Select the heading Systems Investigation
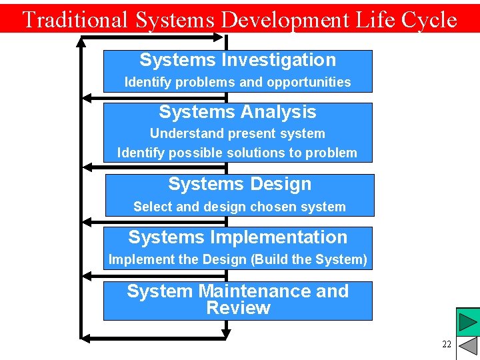[237, 60]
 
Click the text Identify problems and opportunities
[237, 83]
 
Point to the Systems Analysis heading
[237, 112]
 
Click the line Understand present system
[237, 133]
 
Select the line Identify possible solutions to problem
[237, 153]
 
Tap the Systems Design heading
[239, 184]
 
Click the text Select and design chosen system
[239, 207]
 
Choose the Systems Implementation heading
[237, 237]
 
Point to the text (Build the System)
[309, 259]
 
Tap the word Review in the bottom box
[238, 308]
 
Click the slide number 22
[447, 344]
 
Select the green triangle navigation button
[467, 322]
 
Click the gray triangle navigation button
[469, 346]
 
